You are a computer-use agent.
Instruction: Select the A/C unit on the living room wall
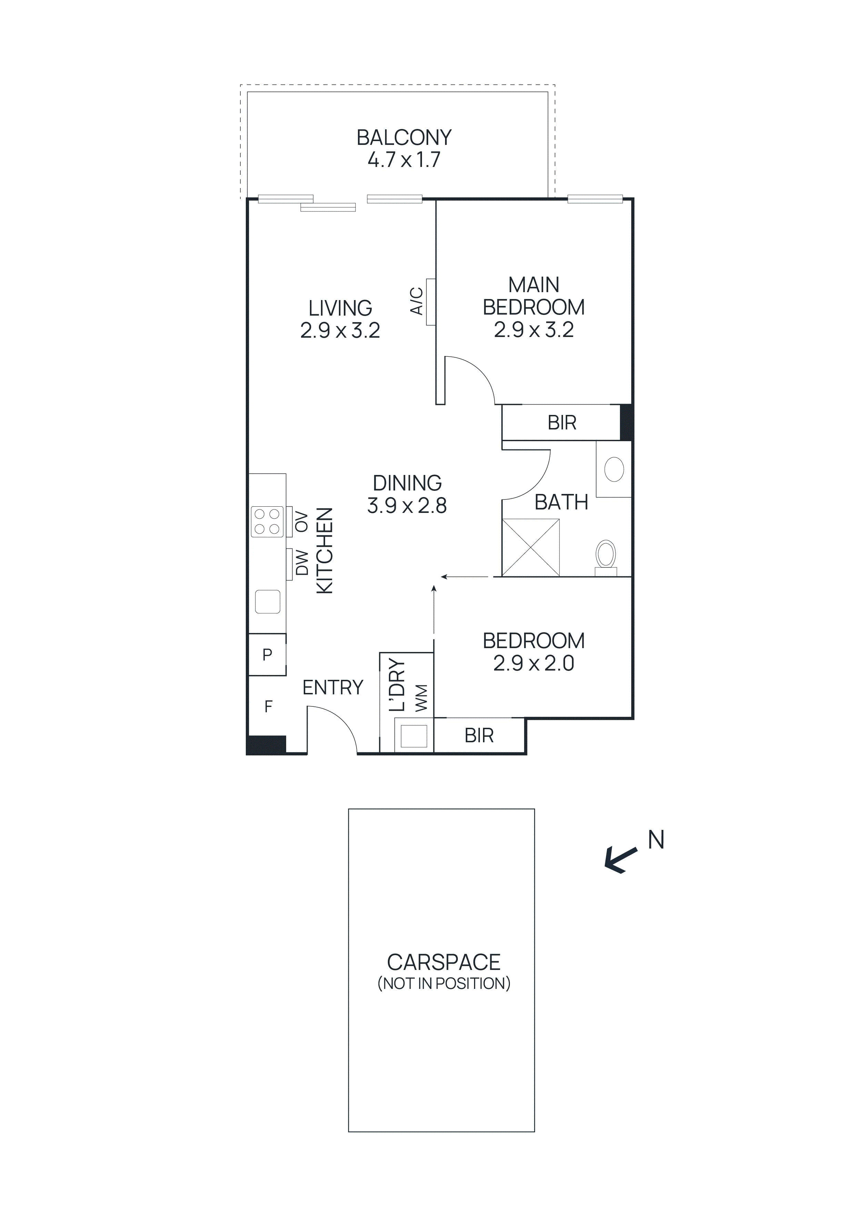[x=430, y=302]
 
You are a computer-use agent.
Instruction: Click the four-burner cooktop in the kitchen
[x=267, y=522]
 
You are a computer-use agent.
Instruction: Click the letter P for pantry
[x=267, y=655]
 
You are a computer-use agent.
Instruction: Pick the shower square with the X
[x=531, y=547]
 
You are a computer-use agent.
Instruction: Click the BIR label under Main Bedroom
[x=562, y=423]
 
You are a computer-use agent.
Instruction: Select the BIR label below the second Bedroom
[x=479, y=736]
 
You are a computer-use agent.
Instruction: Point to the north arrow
[x=621, y=860]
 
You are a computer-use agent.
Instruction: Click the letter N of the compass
[x=655, y=840]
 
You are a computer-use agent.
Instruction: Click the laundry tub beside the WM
[x=414, y=736]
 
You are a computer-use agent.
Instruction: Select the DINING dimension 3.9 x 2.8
[x=407, y=506]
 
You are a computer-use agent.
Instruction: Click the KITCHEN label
[x=325, y=551]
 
